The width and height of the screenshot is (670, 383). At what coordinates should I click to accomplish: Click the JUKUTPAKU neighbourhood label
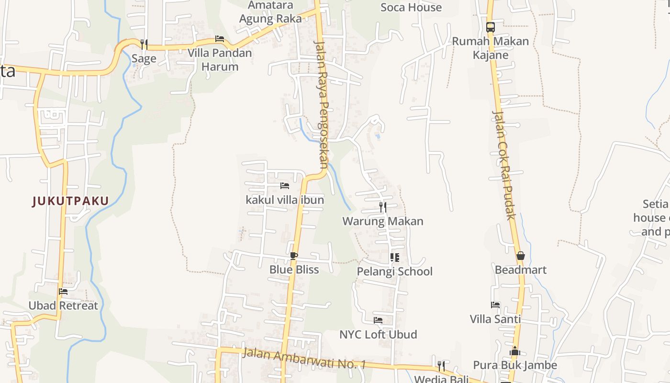pyautogui.click(x=70, y=201)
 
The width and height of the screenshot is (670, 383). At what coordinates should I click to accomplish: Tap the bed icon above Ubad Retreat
pyautogui.click(x=63, y=292)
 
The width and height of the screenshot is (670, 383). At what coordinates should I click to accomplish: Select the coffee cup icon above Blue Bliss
pyautogui.click(x=293, y=256)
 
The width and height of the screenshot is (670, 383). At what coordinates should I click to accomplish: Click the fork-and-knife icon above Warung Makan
pyautogui.click(x=382, y=207)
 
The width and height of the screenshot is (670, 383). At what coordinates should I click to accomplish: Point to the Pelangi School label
pyautogui.click(x=394, y=271)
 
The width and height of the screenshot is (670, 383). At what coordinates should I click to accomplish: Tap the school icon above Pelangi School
pyautogui.click(x=394, y=258)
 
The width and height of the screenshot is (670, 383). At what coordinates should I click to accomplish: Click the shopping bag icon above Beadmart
pyautogui.click(x=520, y=256)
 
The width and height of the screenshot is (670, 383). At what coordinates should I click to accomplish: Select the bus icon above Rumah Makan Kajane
pyautogui.click(x=490, y=27)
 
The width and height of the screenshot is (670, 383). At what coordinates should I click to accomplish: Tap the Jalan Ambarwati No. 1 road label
pyautogui.click(x=304, y=359)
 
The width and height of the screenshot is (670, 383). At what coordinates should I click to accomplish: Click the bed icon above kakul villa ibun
pyautogui.click(x=285, y=186)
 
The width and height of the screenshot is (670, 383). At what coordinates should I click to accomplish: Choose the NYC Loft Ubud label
pyautogui.click(x=378, y=334)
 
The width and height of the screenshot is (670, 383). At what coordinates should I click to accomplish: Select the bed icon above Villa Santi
pyautogui.click(x=495, y=305)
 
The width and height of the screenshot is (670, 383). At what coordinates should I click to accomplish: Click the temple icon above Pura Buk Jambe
pyautogui.click(x=515, y=351)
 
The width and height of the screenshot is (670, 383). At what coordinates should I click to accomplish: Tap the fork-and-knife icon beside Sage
pyautogui.click(x=144, y=44)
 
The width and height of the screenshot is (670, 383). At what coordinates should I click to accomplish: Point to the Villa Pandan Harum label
pyautogui.click(x=220, y=59)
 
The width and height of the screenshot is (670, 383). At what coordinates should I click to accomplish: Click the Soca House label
pyautogui.click(x=411, y=7)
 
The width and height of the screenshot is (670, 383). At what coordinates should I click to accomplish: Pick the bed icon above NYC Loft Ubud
pyautogui.click(x=378, y=320)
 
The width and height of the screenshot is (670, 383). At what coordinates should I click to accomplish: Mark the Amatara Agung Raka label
pyautogui.click(x=270, y=12)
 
